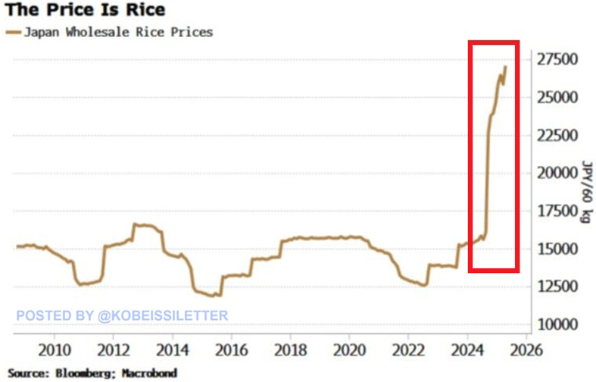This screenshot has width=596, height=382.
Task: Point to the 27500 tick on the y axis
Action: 558,60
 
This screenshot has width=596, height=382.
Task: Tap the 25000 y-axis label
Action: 558,98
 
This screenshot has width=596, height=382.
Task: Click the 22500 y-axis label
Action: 558,136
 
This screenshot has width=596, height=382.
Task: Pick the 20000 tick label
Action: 558,173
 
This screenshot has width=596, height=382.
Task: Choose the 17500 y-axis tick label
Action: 558,211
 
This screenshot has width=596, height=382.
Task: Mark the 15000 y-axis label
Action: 558,249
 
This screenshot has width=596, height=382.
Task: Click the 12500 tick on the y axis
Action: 558,286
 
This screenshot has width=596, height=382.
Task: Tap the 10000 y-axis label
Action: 558,324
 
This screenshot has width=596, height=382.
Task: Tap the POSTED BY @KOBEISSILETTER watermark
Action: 122,315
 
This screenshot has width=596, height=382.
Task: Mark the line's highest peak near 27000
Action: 505,67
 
